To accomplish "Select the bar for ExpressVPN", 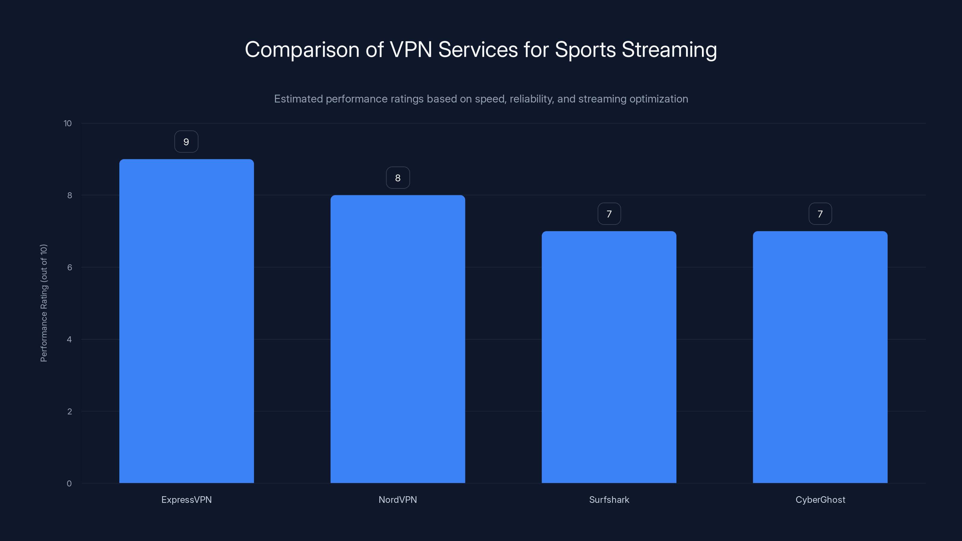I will pyautogui.click(x=186, y=321).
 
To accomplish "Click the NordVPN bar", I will pyautogui.click(x=398, y=339).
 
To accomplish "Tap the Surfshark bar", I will pyautogui.click(x=609, y=357).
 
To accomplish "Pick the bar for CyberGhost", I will pyautogui.click(x=820, y=357).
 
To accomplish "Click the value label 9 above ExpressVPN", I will pyautogui.click(x=186, y=142).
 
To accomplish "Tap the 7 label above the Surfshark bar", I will pyautogui.click(x=609, y=214).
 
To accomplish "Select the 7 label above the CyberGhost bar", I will pyautogui.click(x=820, y=214).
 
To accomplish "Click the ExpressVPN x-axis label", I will pyautogui.click(x=186, y=500).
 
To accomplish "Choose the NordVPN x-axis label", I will pyautogui.click(x=398, y=500).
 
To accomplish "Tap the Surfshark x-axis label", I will pyautogui.click(x=609, y=500).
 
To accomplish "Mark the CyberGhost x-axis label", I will pyautogui.click(x=820, y=500).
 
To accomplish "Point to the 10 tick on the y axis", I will pyautogui.click(x=68, y=123).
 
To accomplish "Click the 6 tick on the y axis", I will pyautogui.click(x=69, y=267).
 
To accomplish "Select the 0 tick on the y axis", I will pyautogui.click(x=69, y=484).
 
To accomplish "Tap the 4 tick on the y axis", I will pyautogui.click(x=69, y=339).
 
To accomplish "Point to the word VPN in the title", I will pyautogui.click(x=410, y=50).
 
